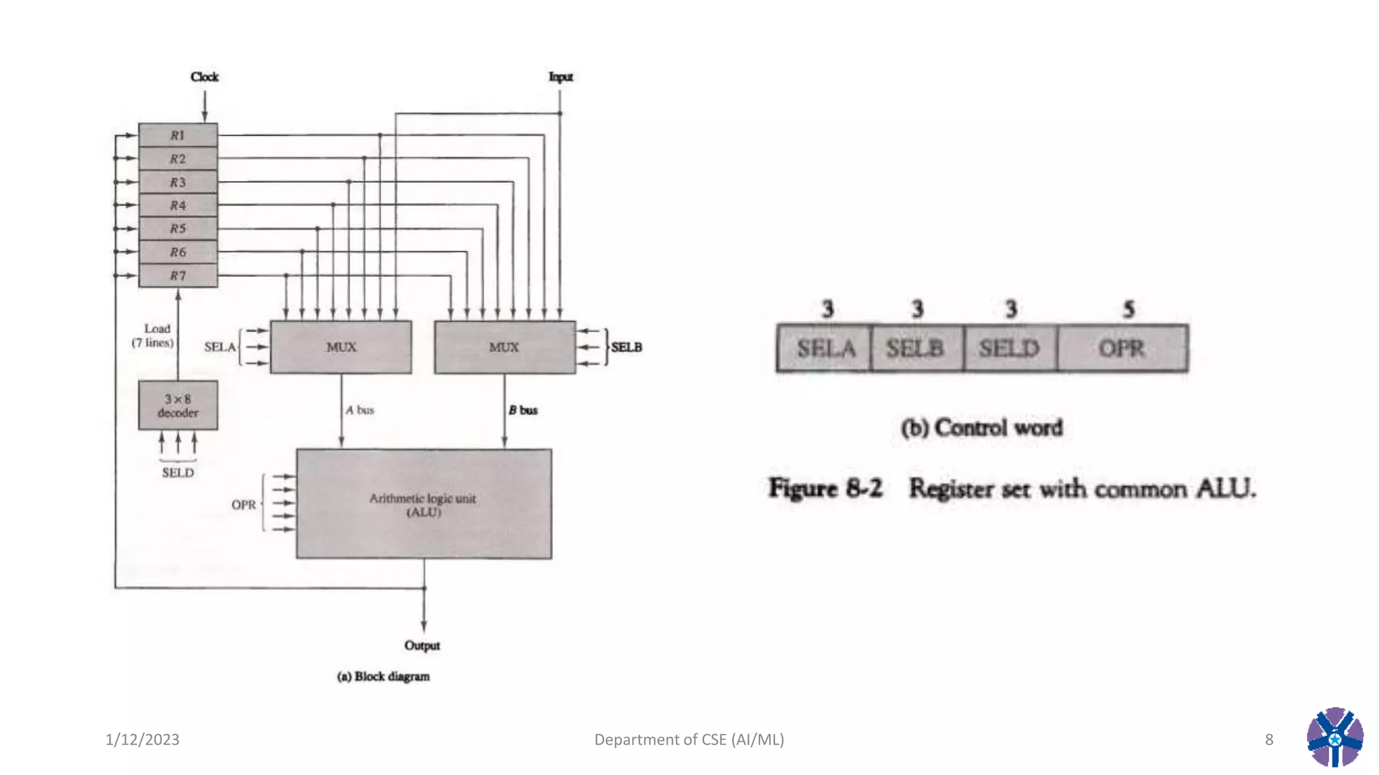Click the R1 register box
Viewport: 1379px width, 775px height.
point(178,135)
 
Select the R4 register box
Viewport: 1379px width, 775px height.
point(178,205)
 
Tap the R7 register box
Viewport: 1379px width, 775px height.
point(178,275)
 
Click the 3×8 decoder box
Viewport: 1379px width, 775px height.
point(178,405)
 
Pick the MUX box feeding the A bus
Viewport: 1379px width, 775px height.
point(341,347)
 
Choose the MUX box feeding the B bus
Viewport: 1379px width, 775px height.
point(504,347)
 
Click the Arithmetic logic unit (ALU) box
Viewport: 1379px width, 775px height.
point(424,504)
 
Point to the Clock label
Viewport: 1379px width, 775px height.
point(204,77)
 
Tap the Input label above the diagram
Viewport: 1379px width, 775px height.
point(560,77)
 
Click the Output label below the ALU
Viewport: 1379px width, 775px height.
point(422,645)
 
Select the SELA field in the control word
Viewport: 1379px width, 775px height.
point(825,348)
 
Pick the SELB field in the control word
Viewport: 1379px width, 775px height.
point(916,348)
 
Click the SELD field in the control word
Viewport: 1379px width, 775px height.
point(1009,348)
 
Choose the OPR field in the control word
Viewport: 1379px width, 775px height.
point(1122,348)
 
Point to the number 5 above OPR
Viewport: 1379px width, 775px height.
point(1129,309)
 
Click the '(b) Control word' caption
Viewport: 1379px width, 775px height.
point(982,427)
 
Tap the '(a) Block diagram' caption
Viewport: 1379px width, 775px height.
point(383,676)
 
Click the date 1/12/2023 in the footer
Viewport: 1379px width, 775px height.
point(142,739)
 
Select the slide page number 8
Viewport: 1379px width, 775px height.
point(1269,739)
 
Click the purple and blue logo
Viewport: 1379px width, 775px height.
point(1335,737)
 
